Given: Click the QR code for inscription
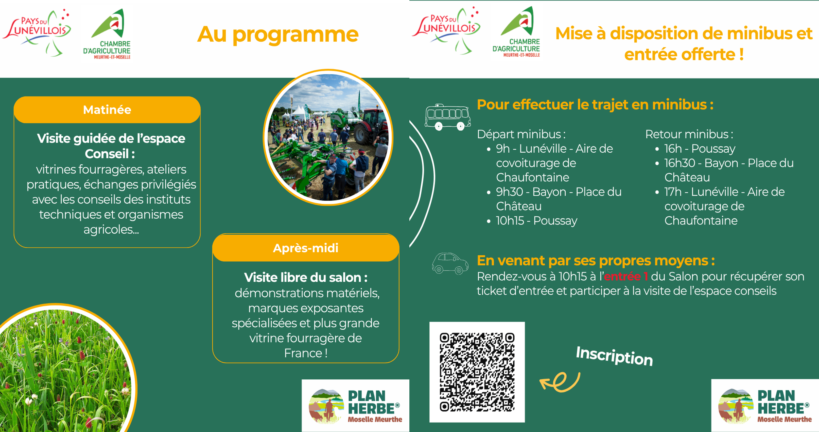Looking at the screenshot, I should point(477,372).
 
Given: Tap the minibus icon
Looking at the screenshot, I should point(448,117).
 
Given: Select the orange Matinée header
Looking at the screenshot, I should point(107,110).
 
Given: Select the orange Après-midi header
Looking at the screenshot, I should point(306,248).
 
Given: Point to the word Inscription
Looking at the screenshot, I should point(614,356).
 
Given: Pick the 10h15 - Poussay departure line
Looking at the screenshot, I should point(536,221).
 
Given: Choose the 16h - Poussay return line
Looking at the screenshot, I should point(700,149).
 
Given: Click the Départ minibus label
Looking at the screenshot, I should point(521,134).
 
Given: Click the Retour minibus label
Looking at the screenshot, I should point(689,134).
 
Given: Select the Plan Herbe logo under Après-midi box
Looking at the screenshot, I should point(355,406).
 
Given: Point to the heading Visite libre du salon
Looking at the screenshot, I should point(306,277).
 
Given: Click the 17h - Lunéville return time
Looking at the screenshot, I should point(673,192).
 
